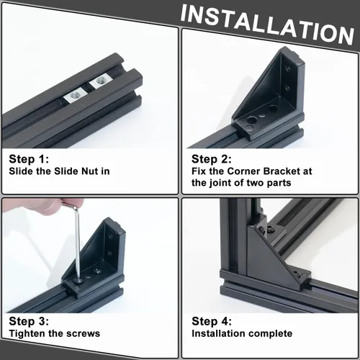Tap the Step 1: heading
click(x=29, y=159)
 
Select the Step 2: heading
click(x=212, y=159)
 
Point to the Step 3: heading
click(x=29, y=321)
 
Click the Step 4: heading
click(x=212, y=321)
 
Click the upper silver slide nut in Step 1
click(x=99, y=82)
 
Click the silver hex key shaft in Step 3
click(x=78, y=243)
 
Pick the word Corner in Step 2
click(x=243, y=171)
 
